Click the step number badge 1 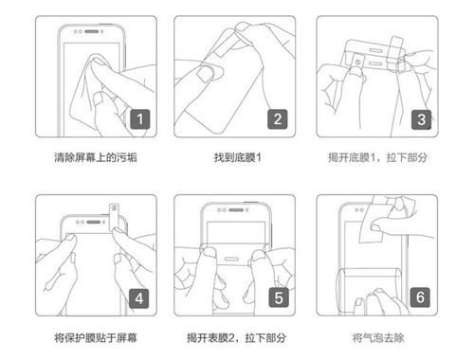point(138,119)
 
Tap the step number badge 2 point(277,119)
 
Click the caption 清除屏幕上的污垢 point(95,156)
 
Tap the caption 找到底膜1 point(235,156)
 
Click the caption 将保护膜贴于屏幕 point(95,337)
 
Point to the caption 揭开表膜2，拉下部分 point(235,337)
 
